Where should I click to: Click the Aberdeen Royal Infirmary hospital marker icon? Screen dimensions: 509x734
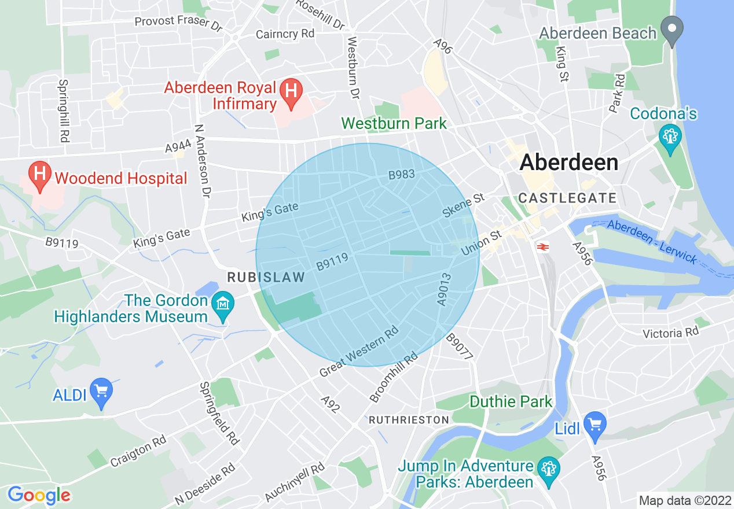pos(291,91)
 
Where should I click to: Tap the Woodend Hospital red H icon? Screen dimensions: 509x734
pos(40,175)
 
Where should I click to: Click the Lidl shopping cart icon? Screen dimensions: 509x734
pos(594,425)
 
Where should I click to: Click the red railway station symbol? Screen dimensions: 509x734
pos(542,246)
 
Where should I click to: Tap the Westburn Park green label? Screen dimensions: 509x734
pos(394,123)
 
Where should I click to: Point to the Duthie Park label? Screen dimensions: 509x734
pos(511,401)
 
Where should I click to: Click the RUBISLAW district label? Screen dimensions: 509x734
pos(266,278)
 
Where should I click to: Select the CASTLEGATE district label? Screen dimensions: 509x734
pos(567,198)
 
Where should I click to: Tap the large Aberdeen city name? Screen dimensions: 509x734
pos(569,163)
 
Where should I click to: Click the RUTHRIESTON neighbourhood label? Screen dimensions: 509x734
pos(409,420)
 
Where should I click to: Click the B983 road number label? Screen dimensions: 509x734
pos(401,174)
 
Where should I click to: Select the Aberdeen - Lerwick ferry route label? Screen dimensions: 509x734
pos(652,242)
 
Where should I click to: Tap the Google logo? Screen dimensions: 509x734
pos(39,496)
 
